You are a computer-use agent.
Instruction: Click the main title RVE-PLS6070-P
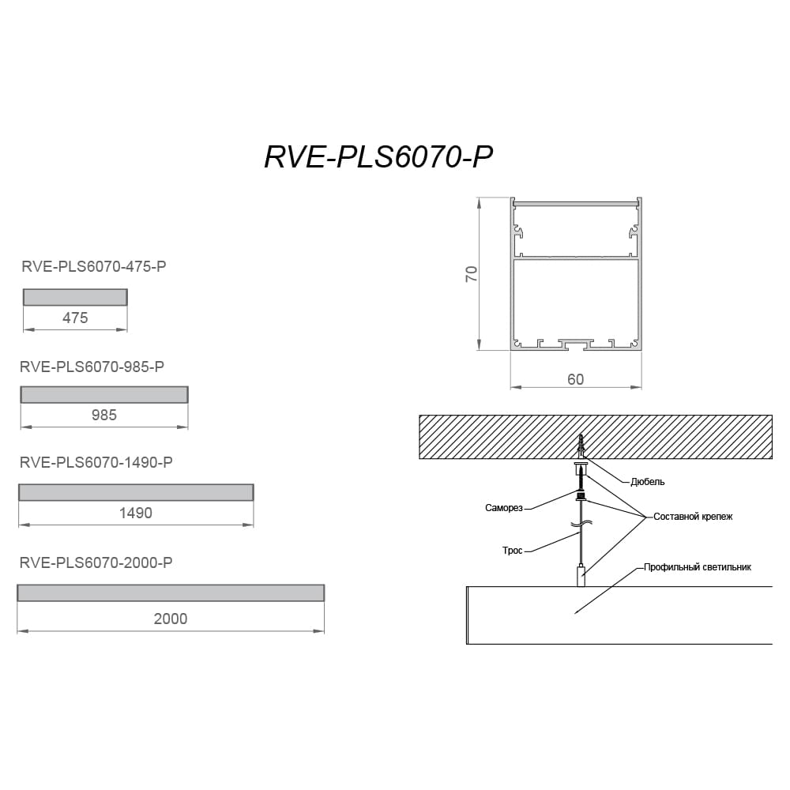[x=378, y=156]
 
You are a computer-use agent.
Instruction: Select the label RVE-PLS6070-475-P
[x=94, y=266]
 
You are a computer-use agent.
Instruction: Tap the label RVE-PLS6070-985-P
[x=92, y=367]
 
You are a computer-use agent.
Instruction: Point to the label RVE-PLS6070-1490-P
[x=96, y=462]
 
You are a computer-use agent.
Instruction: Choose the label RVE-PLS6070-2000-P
[x=96, y=562]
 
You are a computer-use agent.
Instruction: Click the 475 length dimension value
[x=75, y=318]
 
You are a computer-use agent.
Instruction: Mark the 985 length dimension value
[x=104, y=416]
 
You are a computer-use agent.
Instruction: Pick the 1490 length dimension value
[x=136, y=513]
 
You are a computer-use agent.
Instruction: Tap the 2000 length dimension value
[x=171, y=619]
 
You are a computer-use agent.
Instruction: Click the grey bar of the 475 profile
[x=75, y=297]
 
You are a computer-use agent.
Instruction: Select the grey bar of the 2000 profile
[x=171, y=593]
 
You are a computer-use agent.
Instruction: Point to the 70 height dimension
[x=471, y=273]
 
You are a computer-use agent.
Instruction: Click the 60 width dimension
[x=575, y=379]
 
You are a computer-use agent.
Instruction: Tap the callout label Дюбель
[x=648, y=482]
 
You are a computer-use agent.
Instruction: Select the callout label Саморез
[x=504, y=508]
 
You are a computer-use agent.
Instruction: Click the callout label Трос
[x=513, y=551]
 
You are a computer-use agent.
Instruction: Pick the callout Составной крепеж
[x=693, y=517]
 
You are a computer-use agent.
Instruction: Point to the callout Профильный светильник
[x=698, y=567]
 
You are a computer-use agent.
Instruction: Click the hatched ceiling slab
[x=596, y=437]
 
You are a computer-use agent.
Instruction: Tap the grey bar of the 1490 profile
[x=136, y=492]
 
